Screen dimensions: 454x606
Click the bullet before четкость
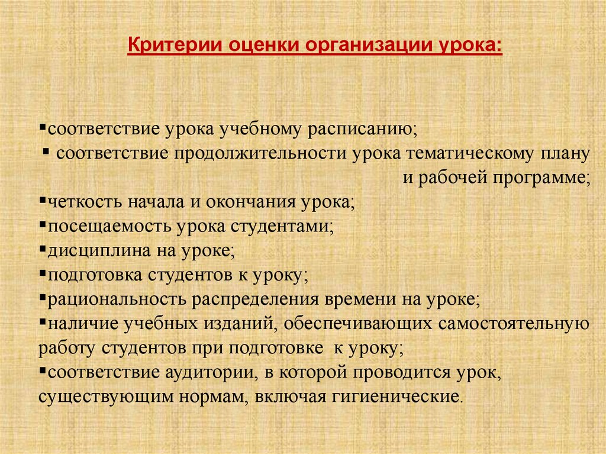(x=43, y=200)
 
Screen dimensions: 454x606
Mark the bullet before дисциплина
(x=43, y=249)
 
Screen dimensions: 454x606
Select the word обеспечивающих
(x=357, y=324)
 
